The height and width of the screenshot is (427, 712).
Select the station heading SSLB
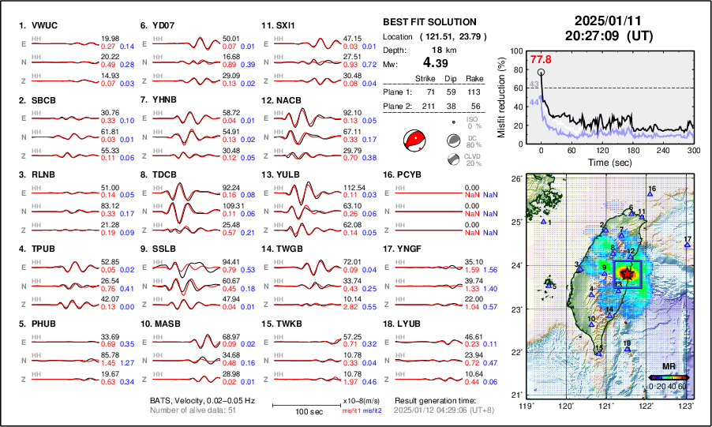click(161, 249)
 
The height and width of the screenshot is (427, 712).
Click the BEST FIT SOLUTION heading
click(429, 22)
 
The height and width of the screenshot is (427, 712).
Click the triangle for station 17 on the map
click(688, 245)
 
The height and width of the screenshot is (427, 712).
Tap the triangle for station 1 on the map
click(543, 223)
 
